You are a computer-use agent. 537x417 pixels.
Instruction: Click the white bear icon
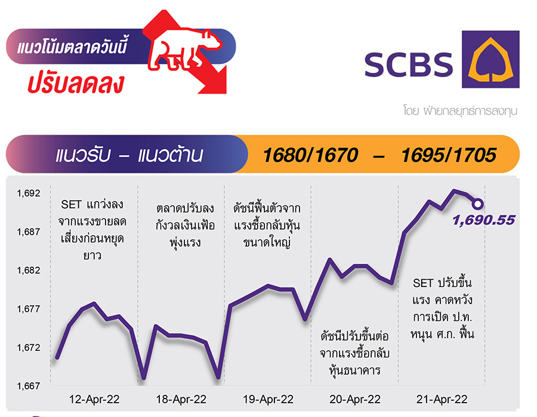[185, 50]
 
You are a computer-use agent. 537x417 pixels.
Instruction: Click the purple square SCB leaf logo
[490, 59]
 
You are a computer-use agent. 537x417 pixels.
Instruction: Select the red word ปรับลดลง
[76, 84]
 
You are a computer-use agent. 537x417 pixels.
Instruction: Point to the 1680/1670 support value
[310, 155]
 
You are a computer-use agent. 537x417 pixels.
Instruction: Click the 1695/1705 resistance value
[449, 155]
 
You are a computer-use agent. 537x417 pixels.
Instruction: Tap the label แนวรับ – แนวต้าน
[129, 155]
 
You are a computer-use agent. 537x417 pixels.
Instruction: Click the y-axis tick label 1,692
[29, 193]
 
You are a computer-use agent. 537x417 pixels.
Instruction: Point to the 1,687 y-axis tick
[29, 232]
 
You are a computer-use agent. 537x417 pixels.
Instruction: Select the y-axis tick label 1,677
[29, 309]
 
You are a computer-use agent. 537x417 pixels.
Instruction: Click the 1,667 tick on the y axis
[29, 386]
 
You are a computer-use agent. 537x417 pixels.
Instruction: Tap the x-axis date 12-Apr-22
[94, 400]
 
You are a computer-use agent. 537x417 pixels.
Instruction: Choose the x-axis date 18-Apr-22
[181, 400]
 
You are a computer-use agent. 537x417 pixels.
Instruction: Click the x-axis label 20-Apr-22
[355, 400]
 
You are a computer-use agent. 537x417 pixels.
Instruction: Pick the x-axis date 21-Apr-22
[442, 400]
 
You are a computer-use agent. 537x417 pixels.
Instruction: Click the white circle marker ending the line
[478, 204]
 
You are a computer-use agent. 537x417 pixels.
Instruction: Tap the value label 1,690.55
[483, 220]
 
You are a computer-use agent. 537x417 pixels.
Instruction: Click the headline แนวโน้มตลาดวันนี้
[72, 47]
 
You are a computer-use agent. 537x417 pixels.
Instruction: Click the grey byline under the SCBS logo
[460, 111]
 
